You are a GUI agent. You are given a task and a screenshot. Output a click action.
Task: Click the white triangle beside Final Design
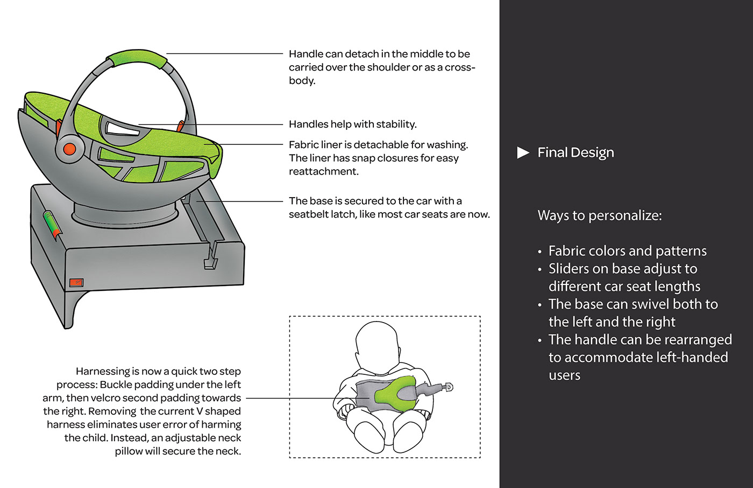(x=523, y=152)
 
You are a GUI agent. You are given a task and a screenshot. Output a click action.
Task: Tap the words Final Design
(x=576, y=152)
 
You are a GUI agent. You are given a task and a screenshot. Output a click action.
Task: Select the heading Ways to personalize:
(x=600, y=215)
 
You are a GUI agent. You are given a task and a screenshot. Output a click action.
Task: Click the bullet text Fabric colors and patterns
(x=628, y=251)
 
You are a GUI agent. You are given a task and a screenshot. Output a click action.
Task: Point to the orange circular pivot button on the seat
(x=70, y=149)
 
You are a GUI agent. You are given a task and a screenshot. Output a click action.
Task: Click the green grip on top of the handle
(x=137, y=58)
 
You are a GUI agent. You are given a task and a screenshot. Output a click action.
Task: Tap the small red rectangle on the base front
(x=76, y=282)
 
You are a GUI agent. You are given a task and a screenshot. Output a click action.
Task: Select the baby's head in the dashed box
(x=377, y=347)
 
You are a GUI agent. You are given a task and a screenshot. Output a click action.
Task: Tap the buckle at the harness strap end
(x=449, y=387)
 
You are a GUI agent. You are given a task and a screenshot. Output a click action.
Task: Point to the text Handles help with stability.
(x=353, y=124)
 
